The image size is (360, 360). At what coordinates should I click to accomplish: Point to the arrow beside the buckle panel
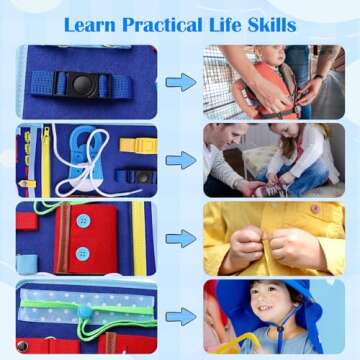[x=180, y=81]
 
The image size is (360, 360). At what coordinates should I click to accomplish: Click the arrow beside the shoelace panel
[x=180, y=160]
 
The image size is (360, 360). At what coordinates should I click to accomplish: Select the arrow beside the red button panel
[x=180, y=238]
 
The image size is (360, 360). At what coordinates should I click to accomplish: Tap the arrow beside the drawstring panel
[x=180, y=316]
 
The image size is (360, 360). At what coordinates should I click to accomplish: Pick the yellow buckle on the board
[x=138, y=145]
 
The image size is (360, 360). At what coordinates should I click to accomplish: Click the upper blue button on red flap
[x=83, y=221]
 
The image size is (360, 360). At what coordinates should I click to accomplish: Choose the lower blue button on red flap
[x=83, y=252]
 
